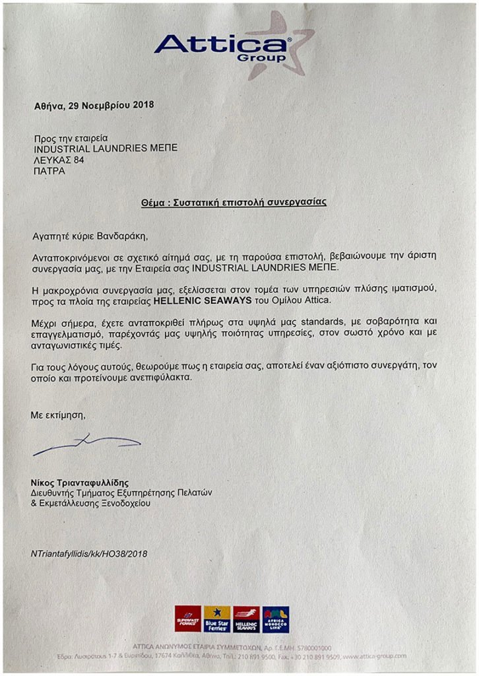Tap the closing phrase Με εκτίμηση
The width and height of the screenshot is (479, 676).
click(58, 416)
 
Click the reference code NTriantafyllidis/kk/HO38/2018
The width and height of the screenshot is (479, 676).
click(89, 553)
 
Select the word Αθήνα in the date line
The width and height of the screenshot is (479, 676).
click(48, 105)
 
